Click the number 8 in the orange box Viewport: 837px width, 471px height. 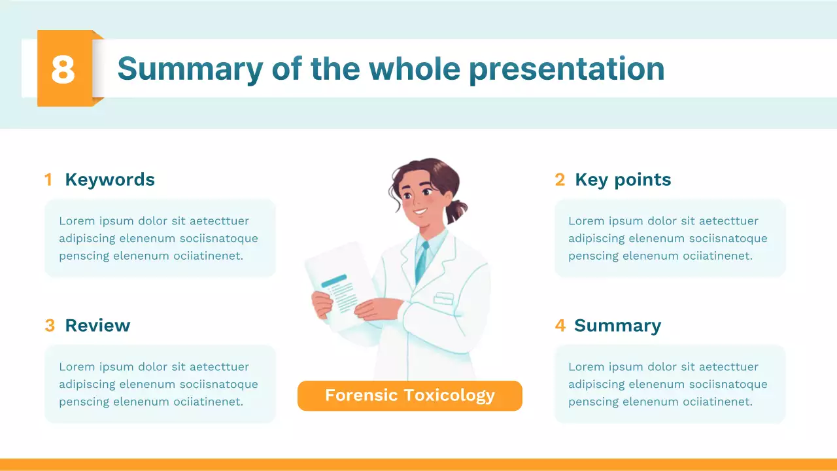[x=63, y=69]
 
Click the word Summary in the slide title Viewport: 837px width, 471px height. [x=190, y=69]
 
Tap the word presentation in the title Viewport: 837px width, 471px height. [x=566, y=69]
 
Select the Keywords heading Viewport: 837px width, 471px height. [x=110, y=180]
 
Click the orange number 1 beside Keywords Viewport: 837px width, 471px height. [x=48, y=180]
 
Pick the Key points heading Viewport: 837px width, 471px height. [x=623, y=180]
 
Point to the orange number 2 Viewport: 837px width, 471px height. [x=560, y=180]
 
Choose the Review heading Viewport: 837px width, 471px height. [x=97, y=326]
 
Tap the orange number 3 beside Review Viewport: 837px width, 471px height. [x=50, y=326]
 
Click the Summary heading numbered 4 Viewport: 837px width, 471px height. [x=617, y=326]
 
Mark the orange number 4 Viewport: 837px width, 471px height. [x=560, y=326]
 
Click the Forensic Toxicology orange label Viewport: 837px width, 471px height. [x=410, y=396]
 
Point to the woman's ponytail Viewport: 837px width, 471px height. [x=458, y=209]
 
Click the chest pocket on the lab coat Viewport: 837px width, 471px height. [x=443, y=298]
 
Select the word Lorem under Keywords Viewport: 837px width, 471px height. [x=76, y=221]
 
